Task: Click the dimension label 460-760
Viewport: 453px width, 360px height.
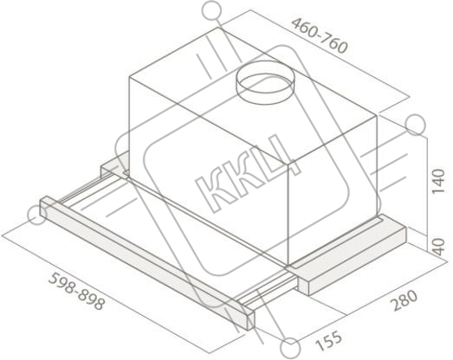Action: click(x=319, y=35)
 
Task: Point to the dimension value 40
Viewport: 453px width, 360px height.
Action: click(x=439, y=247)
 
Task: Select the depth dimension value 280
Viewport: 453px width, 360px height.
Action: click(x=404, y=300)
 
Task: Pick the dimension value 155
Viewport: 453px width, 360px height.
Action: click(x=328, y=341)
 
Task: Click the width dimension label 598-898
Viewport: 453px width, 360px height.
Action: click(x=76, y=292)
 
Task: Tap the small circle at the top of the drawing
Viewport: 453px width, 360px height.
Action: click(x=211, y=10)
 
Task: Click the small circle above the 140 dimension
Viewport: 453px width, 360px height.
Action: click(x=415, y=125)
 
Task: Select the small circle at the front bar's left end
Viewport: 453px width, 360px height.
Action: click(x=36, y=215)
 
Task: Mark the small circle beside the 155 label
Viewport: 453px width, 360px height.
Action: click(x=290, y=348)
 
